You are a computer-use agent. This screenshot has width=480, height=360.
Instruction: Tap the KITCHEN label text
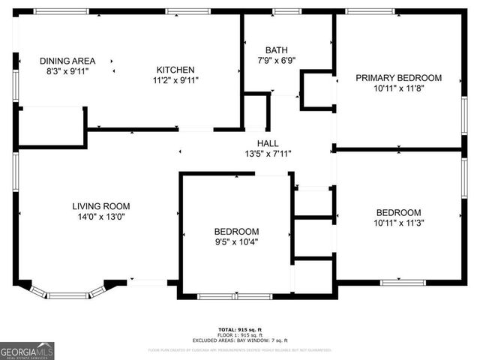coord(175,70)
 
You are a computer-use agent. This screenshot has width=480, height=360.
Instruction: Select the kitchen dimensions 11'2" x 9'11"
coord(175,79)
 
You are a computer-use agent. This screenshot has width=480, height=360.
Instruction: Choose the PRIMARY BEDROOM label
coord(398,78)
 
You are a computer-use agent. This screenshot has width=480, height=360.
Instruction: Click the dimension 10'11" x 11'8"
coord(398,88)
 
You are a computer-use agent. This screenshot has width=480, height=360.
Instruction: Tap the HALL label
coord(268,143)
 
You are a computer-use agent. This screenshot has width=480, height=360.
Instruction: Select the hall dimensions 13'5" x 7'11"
coord(268,154)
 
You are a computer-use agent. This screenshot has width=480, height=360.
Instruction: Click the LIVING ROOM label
coord(101,206)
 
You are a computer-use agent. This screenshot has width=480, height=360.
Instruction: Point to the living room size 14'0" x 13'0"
coord(101,217)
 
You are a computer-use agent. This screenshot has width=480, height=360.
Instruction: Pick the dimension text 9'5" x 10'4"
coord(236,241)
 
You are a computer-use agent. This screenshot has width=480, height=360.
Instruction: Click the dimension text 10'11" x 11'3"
coord(398,223)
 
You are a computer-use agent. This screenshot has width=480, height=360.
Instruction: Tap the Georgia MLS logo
coord(27,351)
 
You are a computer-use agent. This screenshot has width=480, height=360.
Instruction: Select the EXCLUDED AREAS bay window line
coord(239,340)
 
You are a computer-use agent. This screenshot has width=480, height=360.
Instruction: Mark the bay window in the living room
coord(67,292)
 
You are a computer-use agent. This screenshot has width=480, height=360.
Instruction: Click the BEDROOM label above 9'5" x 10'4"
coord(236,231)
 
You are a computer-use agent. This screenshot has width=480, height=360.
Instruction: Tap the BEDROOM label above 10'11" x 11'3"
coord(398,212)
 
